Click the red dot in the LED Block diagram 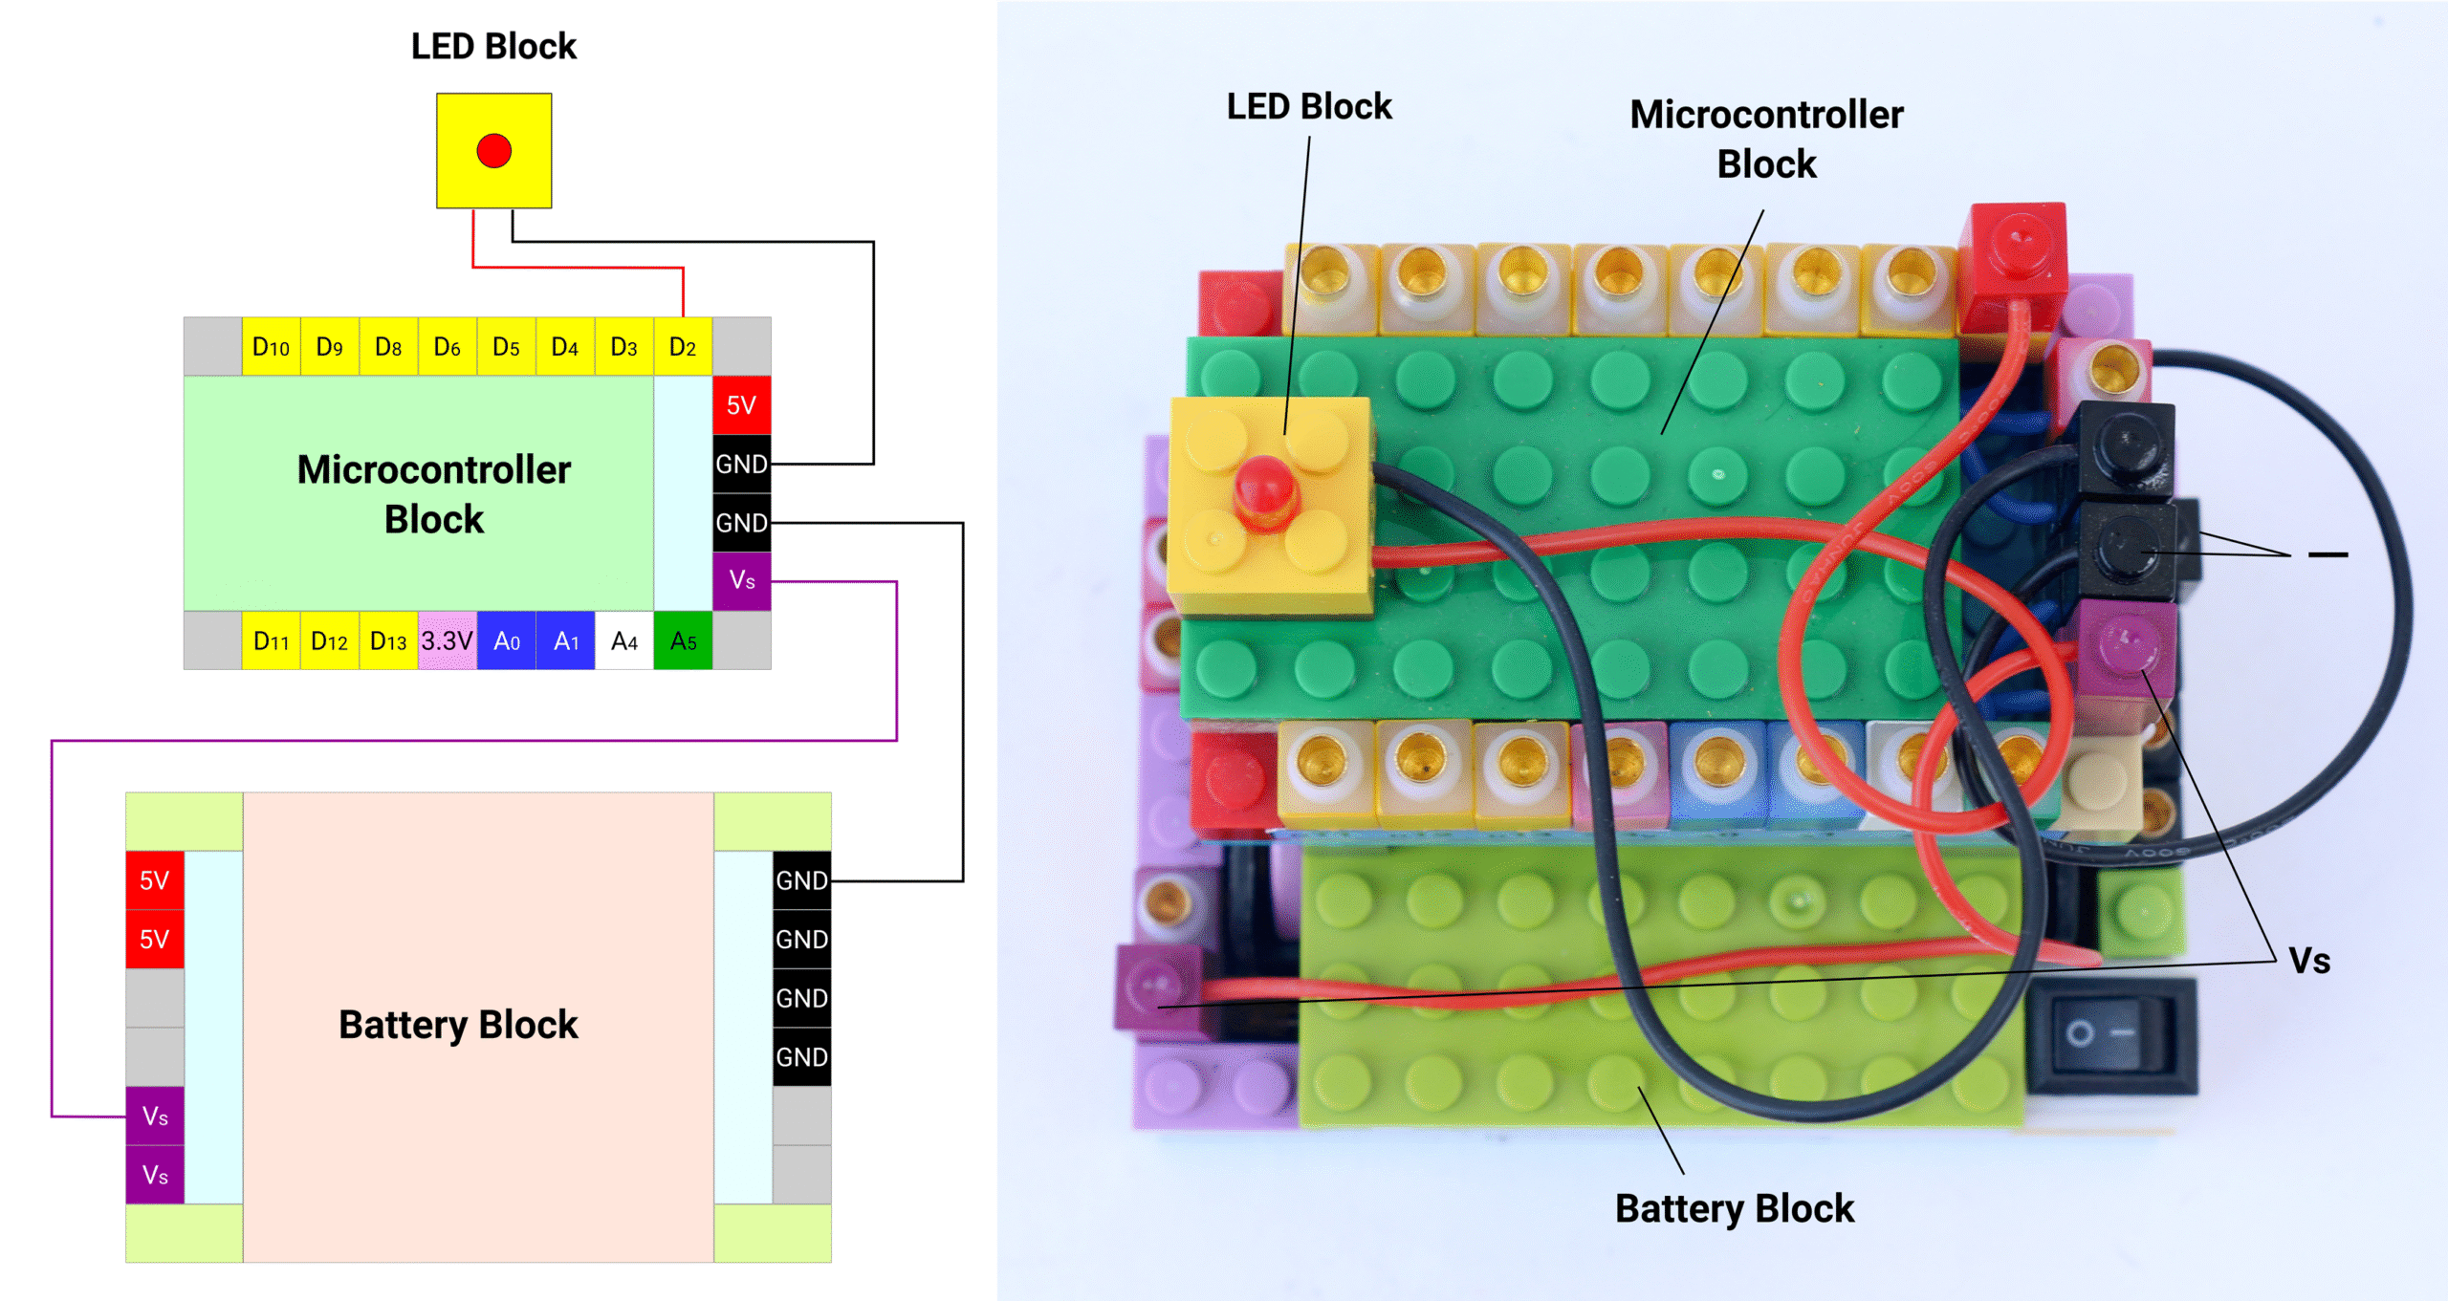(x=493, y=151)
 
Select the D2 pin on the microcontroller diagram (x=683, y=347)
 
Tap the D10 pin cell (x=271, y=347)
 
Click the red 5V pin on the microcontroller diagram (x=741, y=405)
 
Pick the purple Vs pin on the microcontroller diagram (x=741, y=580)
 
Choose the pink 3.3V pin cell (x=447, y=640)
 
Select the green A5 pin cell (x=683, y=640)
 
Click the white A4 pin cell (x=623, y=640)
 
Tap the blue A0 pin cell (x=506, y=640)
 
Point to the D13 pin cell (x=388, y=640)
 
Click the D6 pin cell (x=447, y=347)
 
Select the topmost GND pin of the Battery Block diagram (x=801, y=880)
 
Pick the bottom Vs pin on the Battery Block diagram (x=155, y=1175)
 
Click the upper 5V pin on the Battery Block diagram (x=155, y=880)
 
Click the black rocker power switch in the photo (x=2111, y=1034)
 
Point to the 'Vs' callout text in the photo (x=2309, y=961)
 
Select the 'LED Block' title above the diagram (x=493, y=47)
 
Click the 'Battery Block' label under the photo (x=1734, y=1209)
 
